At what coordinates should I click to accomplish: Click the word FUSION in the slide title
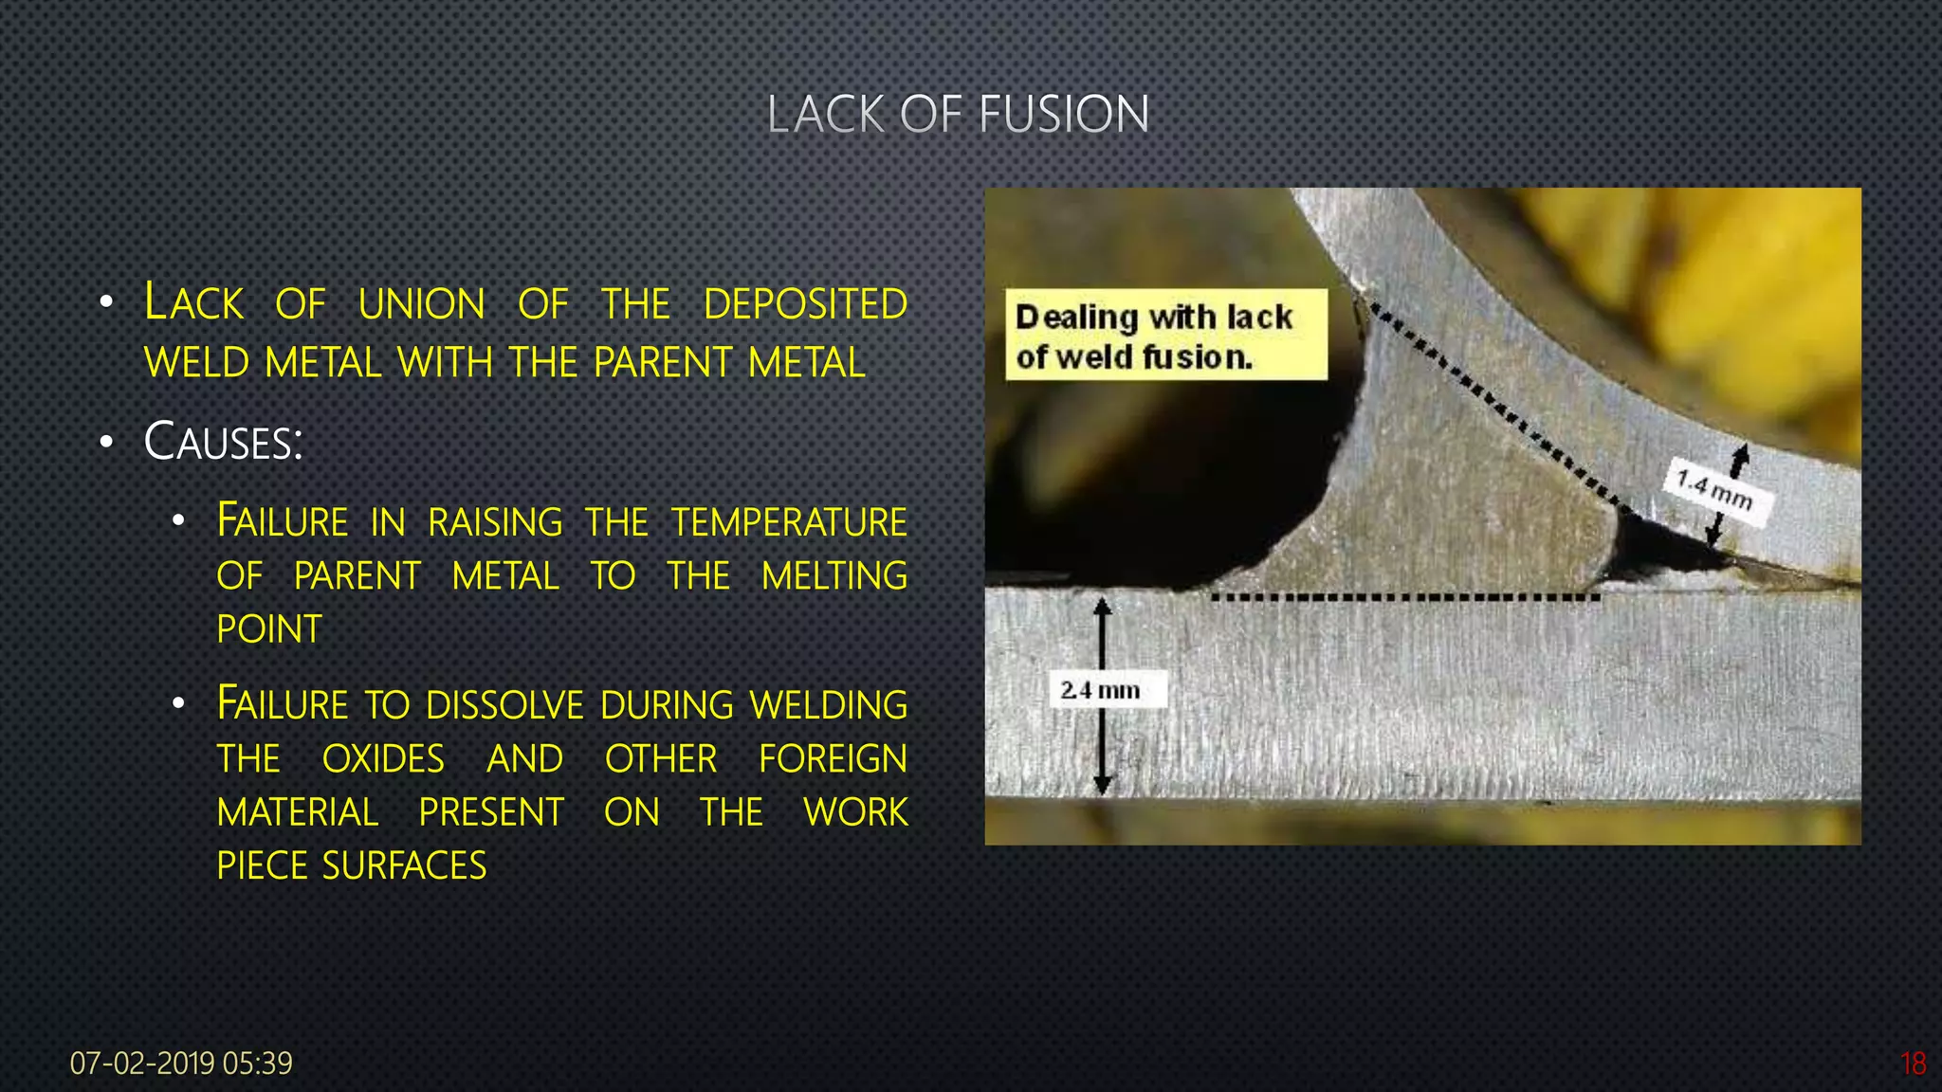click(1063, 115)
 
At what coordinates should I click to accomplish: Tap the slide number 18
click(1913, 1064)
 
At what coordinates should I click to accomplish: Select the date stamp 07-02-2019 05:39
click(181, 1064)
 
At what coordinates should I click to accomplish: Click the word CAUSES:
click(223, 443)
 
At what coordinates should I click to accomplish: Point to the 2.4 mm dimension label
click(1100, 690)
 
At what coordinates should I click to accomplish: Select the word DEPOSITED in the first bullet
click(805, 305)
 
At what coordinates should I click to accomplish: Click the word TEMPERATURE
click(789, 522)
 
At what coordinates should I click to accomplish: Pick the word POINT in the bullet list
click(269, 630)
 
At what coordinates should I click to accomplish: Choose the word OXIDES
click(383, 759)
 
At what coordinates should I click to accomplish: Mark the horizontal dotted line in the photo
click(1403, 598)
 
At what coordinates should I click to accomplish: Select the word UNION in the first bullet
click(422, 305)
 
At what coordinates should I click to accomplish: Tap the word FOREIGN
click(833, 759)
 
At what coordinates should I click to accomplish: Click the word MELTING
click(834, 576)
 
